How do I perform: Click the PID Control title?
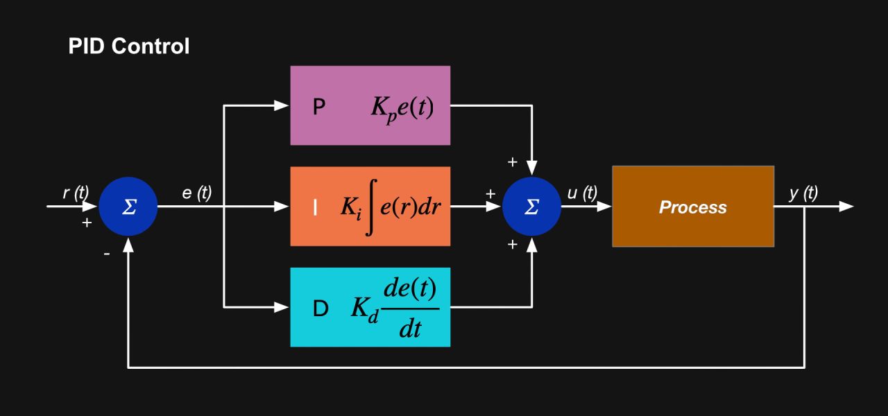click(128, 46)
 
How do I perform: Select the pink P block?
click(370, 105)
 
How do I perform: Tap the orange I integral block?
click(370, 206)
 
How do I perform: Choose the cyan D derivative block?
click(370, 306)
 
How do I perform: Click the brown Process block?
click(692, 207)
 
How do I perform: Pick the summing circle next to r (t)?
click(128, 207)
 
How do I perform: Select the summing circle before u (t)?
click(531, 207)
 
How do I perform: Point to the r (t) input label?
click(76, 193)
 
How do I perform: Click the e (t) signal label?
click(196, 193)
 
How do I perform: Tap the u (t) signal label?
click(581, 193)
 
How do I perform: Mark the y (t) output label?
click(803, 193)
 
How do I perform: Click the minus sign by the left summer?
click(106, 254)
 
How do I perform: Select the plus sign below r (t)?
click(87, 223)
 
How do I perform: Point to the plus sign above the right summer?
click(512, 162)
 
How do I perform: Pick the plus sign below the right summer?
click(512, 244)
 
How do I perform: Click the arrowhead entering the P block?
click(282, 105)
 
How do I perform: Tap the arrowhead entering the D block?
click(282, 306)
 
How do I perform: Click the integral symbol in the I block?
click(370, 207)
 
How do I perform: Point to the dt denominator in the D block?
click(410, 328)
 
